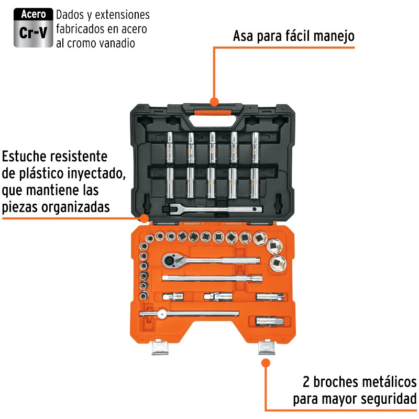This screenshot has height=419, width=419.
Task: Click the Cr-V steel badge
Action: click(34, 28)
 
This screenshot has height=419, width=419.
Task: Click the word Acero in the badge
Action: click(34, 14)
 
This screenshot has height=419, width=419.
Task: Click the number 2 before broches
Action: click(306, 382)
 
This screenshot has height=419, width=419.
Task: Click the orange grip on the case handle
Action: click(213, 113)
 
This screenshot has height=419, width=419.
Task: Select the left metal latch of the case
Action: click(160, 347)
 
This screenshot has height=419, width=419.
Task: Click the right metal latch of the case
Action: click(267, 347)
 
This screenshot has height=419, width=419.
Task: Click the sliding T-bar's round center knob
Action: click(162, 314)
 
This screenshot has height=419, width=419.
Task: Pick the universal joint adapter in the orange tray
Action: click(218, 296)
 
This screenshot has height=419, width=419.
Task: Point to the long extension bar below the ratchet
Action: click(212, 279)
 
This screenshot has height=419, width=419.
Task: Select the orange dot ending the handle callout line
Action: click(214, 102)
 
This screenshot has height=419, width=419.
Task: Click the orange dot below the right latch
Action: click(266, 363)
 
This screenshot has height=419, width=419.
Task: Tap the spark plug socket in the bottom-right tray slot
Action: click(269, 321)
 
